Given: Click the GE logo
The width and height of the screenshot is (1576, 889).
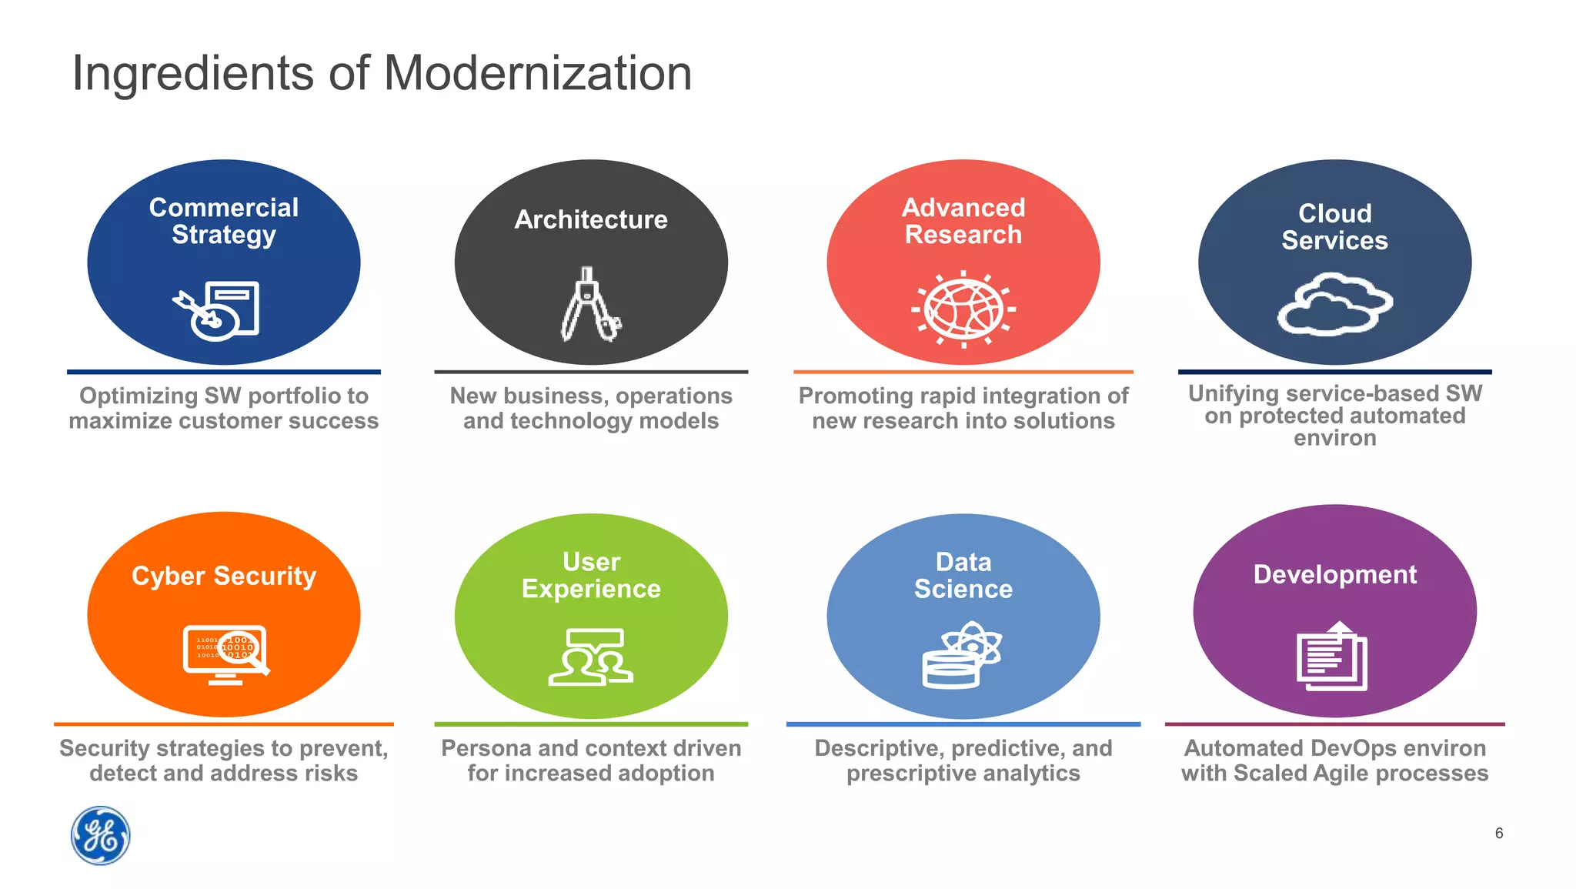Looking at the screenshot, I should coord(101,835).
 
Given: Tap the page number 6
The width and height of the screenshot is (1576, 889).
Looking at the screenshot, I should coord(1498,833).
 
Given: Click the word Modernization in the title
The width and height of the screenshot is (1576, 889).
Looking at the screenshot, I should coord(537,74).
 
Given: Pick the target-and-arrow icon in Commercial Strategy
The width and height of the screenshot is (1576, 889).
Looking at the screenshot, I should coord(216,311).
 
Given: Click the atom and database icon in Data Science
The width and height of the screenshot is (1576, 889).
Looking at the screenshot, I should coord(962,655).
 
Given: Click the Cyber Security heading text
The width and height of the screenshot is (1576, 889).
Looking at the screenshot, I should coord(224,576).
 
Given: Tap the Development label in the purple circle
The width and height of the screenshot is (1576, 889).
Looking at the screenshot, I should coord(1334,574).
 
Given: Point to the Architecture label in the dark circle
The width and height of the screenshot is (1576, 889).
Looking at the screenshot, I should coord(591,219).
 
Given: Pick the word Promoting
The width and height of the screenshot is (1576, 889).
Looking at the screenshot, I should coord(854,396).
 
